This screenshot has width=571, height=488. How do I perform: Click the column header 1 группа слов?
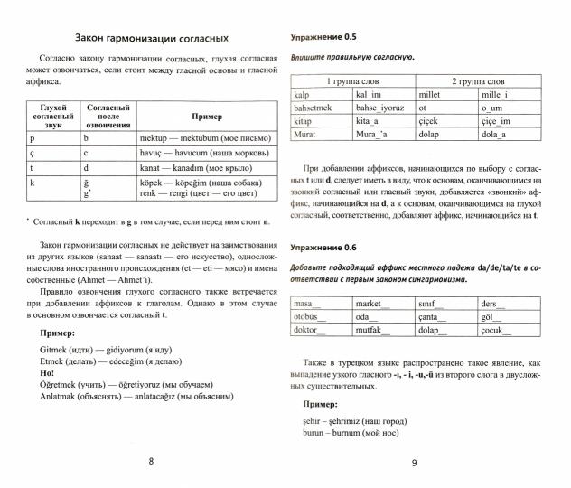(x=351, y=80)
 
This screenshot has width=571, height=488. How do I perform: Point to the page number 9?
(x=413, y=463)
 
